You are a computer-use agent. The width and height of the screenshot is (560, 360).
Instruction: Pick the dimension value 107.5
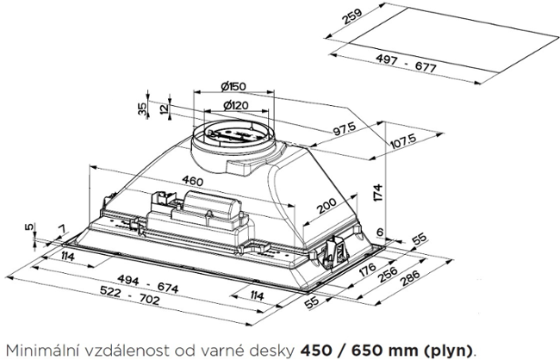point(402,140)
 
